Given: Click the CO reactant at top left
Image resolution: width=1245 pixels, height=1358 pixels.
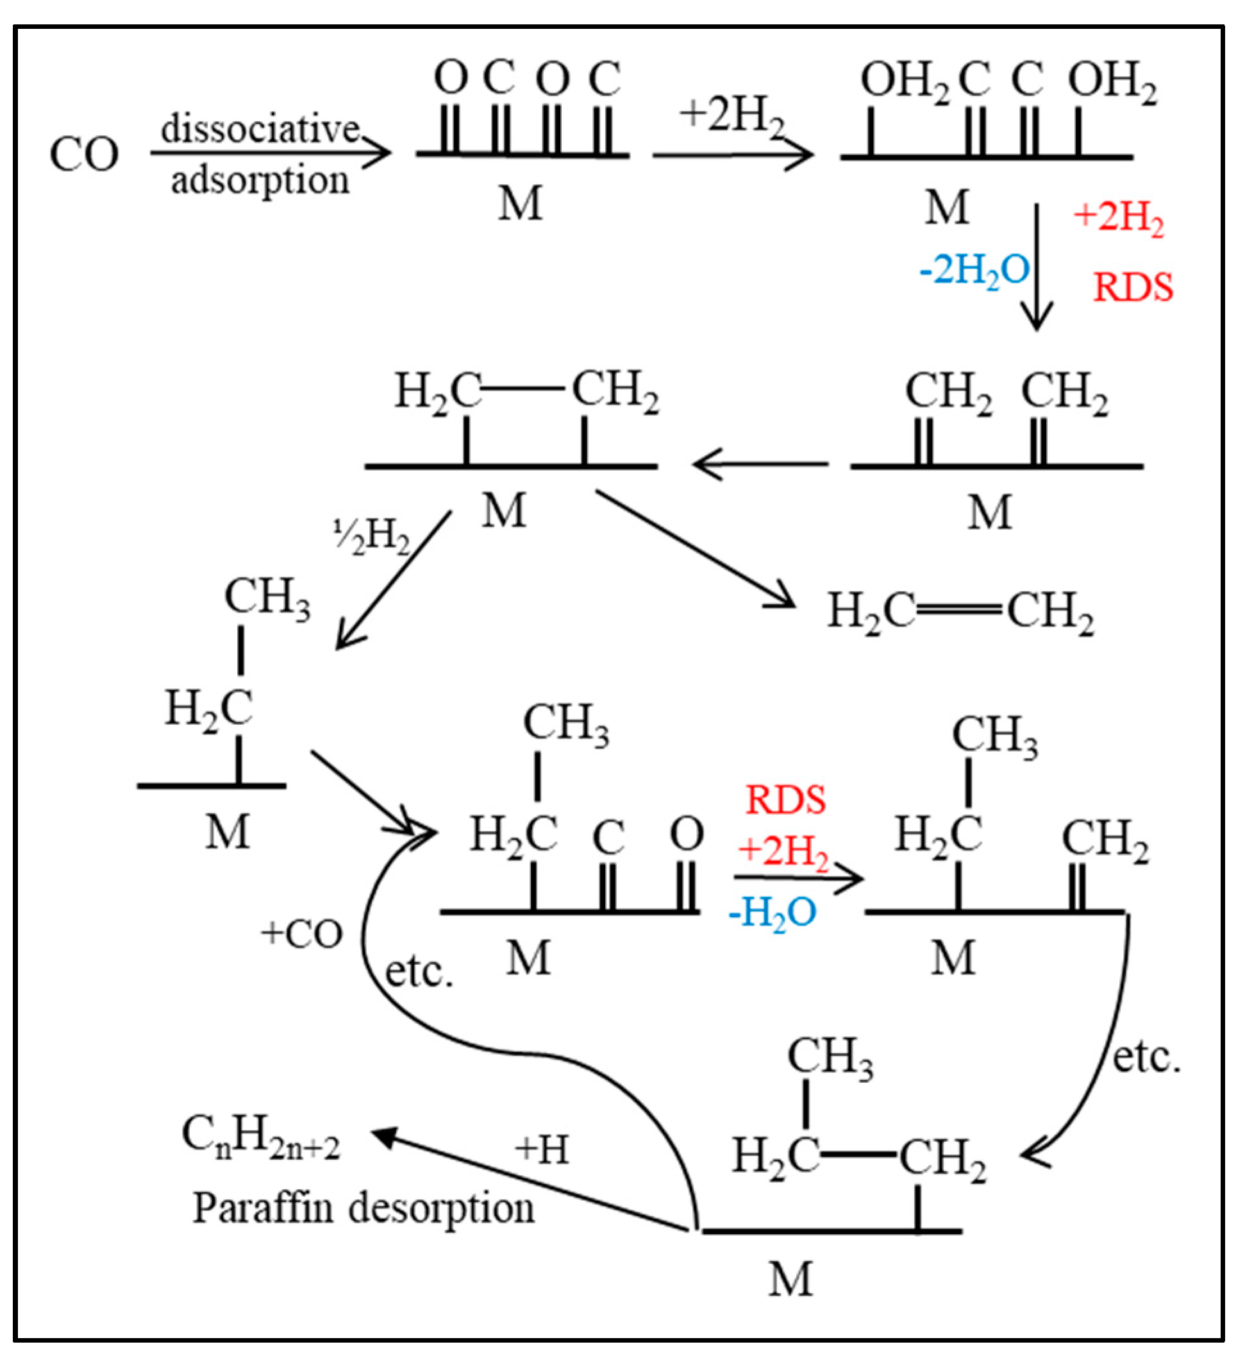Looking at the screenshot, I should pyautogui.click(x=84, y=155).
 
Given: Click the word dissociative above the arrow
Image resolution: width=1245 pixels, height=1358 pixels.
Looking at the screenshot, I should pyautogui.click(x=260, y=128).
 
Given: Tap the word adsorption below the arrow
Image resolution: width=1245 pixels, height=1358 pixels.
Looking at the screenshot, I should pyautogui.click(x=260, y=181).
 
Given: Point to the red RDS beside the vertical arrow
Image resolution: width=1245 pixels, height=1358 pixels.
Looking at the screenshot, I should pyautogui.click(x=1133, y=288).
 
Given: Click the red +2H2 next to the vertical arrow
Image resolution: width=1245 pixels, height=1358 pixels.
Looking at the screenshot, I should pyautogui.click(x=1118, y=217).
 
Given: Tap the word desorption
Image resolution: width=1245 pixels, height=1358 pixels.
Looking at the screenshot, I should pyautogui.click(x=441, y=1209).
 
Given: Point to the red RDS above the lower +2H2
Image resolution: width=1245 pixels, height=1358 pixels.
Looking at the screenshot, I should pyautogui.click(x=785, y=800).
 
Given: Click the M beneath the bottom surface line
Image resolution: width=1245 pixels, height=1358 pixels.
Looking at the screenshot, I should pyautogui.click(x=790, y=1278).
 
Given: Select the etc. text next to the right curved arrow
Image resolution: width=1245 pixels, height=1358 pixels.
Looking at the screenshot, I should pyautogui.click(x=1146, y=1057).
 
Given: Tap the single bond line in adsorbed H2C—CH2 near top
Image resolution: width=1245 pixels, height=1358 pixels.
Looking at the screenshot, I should pyautogui.click(x=522, y=389).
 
